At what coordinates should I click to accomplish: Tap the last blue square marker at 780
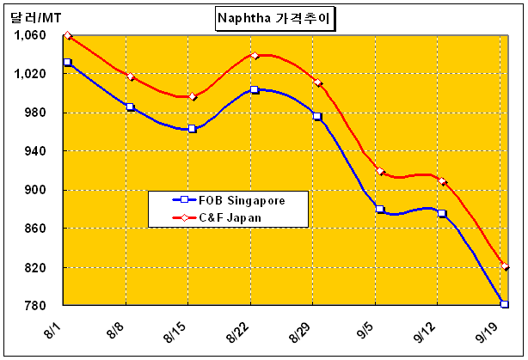click(x=504, y=304)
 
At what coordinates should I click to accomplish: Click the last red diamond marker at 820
click(x=505, y=266)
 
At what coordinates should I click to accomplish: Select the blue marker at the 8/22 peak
click(x=255, y=89)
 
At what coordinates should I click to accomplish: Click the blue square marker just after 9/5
click(x=380, y=210)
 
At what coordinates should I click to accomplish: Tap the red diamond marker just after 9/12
click(x=443, y=182)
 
